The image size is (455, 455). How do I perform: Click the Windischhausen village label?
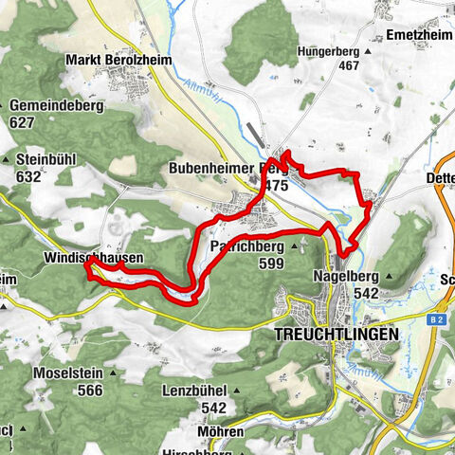93,258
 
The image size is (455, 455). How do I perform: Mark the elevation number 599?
270,264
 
